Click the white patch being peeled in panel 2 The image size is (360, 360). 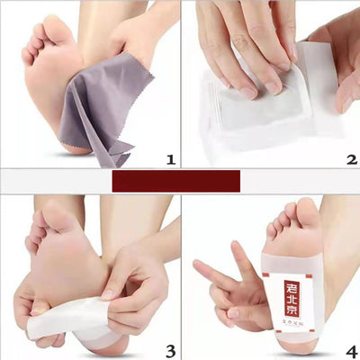(261, 108)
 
